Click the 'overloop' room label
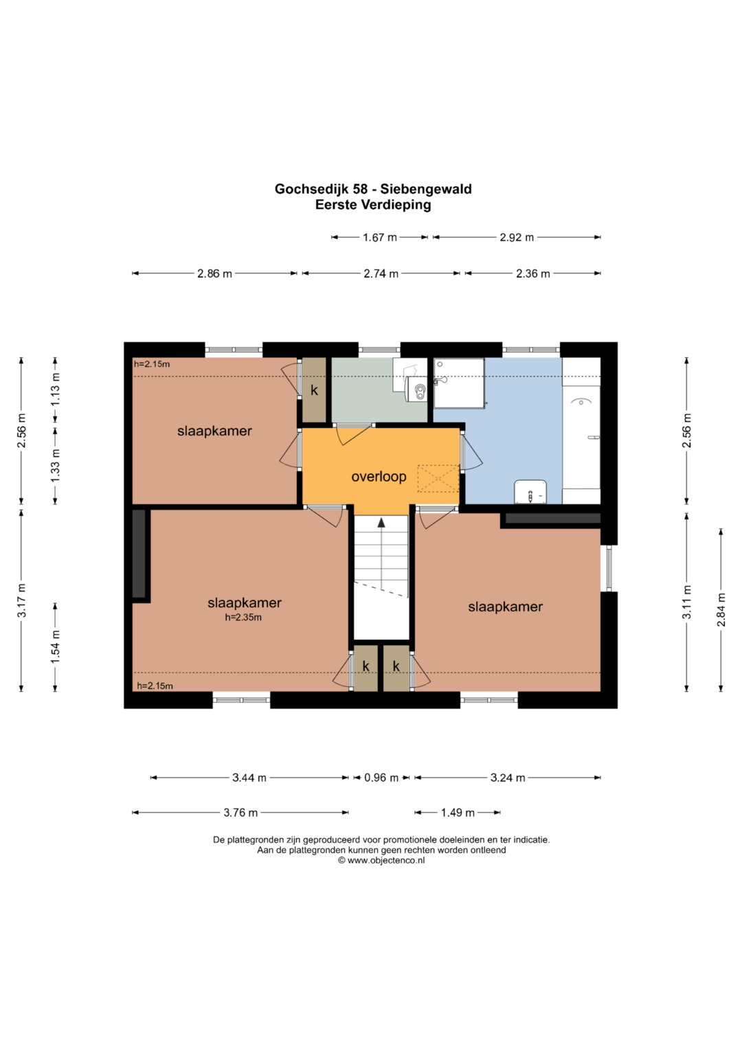[379, 477]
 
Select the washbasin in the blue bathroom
[530, 491]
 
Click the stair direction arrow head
[381, 522]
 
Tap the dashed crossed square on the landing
[438, 478]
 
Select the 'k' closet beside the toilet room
[314, 390]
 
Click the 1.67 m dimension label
[379, 238]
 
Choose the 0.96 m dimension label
[381, 778]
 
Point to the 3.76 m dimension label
[240, 813]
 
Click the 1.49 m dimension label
[458, 813]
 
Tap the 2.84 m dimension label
[721, 609]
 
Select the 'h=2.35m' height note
[243, 617]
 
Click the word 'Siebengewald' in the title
[426, 189]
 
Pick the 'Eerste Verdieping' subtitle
[373, 205]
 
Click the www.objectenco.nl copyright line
[381, 860]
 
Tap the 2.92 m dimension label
[517, 238]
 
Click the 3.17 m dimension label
[21, 600]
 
